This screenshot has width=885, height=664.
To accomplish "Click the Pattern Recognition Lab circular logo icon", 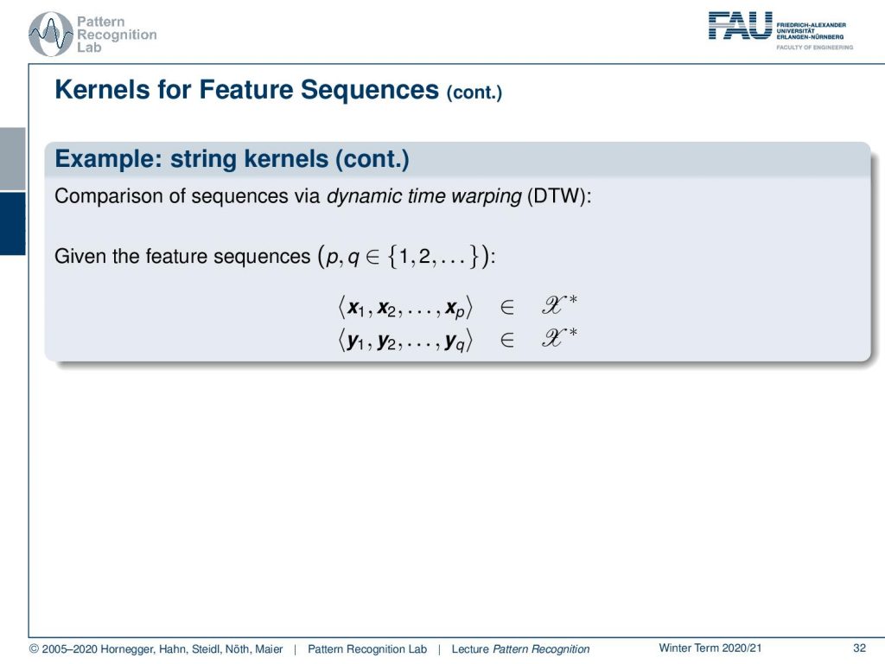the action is pyautogui.click(x=50, y=35).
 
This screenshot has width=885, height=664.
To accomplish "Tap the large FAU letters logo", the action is pyautogui.click(x=740, y=26).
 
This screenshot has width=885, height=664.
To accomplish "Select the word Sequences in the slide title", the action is pyautogui.click(x=369, y=90).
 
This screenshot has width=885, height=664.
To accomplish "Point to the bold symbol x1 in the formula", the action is pyautogui.click(x=355, y=309).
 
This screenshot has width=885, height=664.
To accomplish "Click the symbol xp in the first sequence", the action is pyautogui.click(x=455, y=310).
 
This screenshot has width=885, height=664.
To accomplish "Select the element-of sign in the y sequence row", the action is pyautogui.click(x=506, y=340).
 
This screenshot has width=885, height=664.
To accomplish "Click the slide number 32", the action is pyautogui.click(x=859, y=648).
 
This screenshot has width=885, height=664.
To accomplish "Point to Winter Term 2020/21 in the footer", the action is pyautogui.click(x=710, y=648).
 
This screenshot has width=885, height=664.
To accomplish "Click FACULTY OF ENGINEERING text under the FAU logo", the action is pyautogui.click(x=814, y=48).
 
